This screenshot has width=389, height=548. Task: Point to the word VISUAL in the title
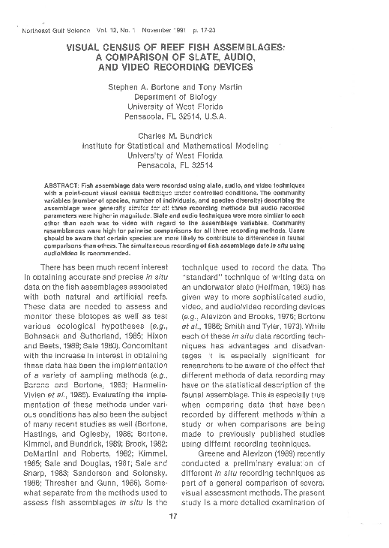(x=91, y=47)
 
